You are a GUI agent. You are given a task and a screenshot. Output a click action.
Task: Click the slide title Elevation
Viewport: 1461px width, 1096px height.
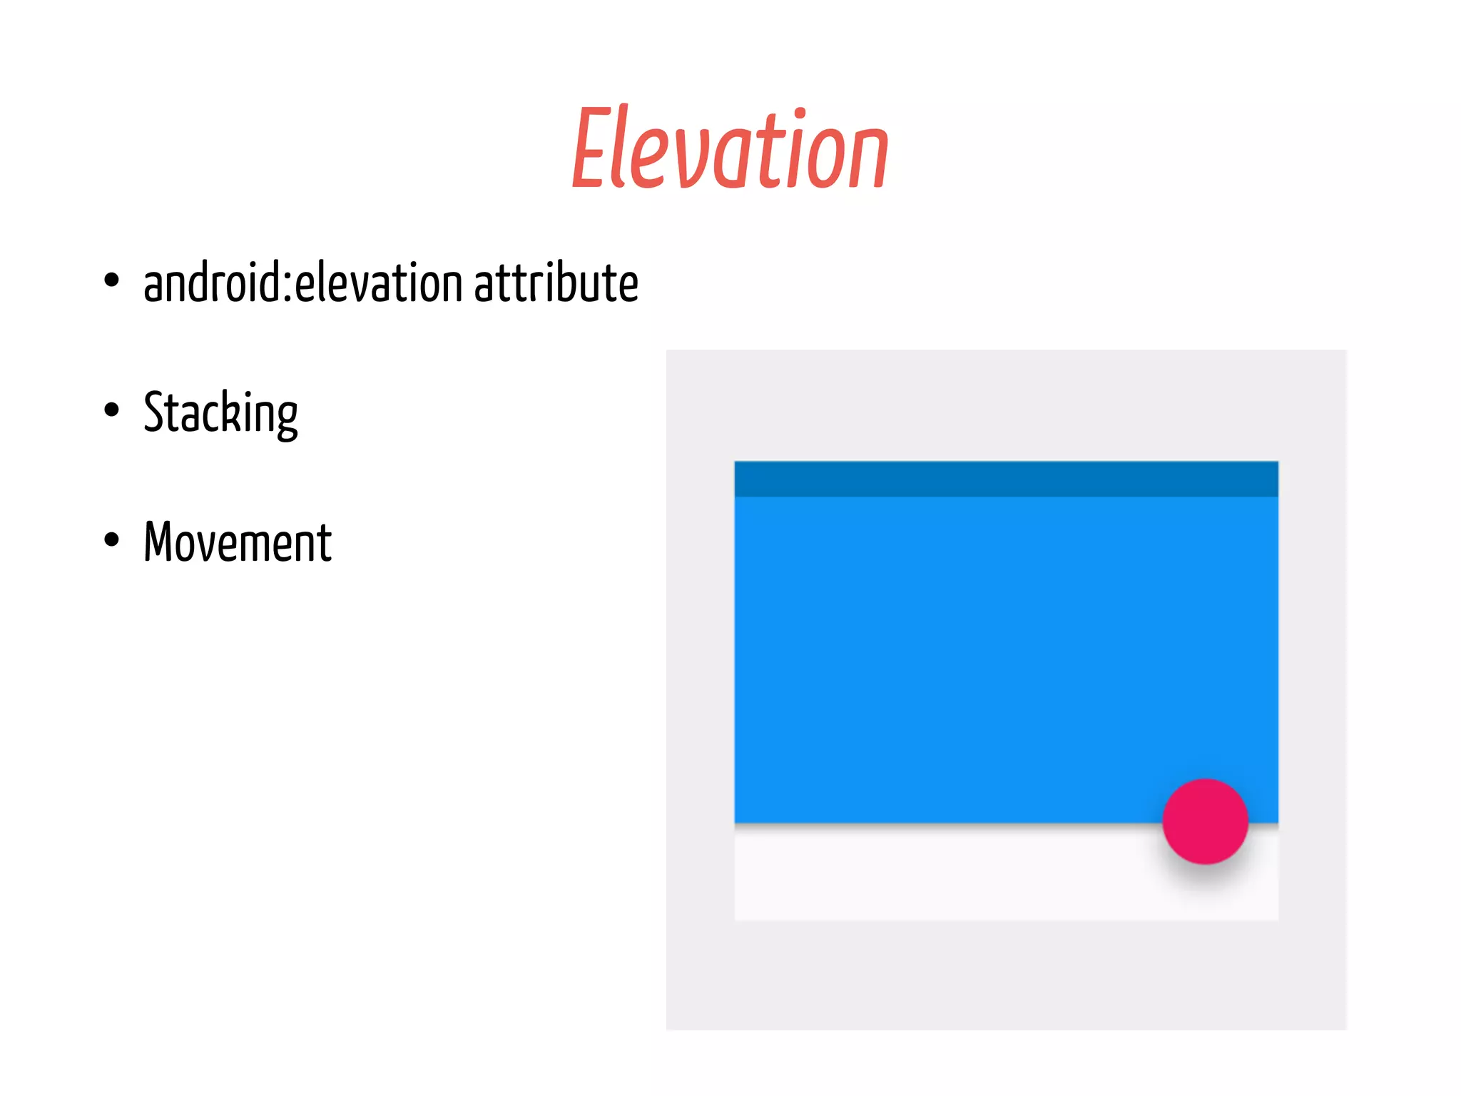(730, 148)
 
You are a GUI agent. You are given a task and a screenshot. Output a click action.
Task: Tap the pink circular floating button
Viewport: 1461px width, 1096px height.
(1205, 821)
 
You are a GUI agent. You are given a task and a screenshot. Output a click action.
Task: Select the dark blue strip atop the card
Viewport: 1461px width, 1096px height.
(1006, 479)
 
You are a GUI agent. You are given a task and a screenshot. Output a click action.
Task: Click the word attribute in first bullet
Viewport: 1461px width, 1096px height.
(556, 283)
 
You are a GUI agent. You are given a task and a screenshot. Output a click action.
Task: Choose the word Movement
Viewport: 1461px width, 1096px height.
(238, 542)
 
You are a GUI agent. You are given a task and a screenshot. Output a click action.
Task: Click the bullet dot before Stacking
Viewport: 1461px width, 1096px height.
(111, 410)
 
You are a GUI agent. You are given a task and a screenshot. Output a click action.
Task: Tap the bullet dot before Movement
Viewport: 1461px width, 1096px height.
(111, 540)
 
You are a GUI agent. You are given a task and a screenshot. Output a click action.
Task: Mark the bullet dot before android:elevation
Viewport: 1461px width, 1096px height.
(111, 280)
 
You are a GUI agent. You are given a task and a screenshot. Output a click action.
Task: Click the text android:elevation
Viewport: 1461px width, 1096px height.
(303, 283)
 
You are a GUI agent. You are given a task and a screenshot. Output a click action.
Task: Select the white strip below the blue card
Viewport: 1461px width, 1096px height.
(942, 874)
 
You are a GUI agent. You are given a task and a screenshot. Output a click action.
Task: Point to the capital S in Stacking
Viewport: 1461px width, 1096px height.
(156, 412)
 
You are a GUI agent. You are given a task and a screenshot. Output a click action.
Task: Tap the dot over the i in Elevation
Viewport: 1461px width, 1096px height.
(800, 113)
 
